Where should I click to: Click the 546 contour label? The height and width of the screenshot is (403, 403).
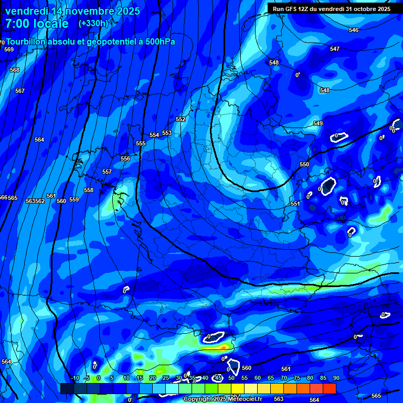(x=354, y=30)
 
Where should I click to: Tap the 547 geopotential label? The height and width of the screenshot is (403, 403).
(x=335, y=49)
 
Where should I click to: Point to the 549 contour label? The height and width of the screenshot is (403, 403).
(x=318, y=123)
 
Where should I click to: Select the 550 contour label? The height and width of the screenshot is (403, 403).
(x=304, y=164)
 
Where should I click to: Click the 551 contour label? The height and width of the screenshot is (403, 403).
(x=295, y=204)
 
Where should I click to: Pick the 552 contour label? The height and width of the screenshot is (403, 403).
(x=181, y=119)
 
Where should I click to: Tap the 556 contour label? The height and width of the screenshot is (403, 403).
(x=125, y=158)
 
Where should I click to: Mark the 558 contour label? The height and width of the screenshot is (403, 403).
(x=89, y=190)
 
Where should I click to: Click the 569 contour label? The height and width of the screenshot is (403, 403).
(x=9, y=49)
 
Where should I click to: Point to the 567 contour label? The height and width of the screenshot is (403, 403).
(x=20, y=91)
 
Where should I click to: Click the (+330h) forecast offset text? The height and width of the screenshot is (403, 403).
(x=93, y=24)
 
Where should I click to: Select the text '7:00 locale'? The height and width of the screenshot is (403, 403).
(x=37, y=24)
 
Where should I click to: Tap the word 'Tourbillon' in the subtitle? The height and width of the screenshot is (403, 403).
(x=26, y=41)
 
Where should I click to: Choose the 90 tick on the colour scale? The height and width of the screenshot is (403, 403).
(x=336, y=378)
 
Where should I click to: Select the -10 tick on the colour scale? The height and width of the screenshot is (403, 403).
(x=75, y=378)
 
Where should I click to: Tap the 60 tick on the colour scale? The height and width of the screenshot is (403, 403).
(x=257, y=378)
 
